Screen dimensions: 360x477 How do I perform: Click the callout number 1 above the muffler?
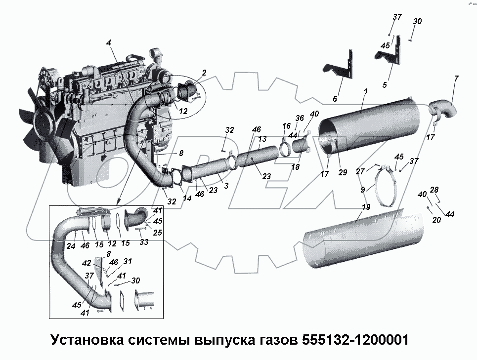(365, 91)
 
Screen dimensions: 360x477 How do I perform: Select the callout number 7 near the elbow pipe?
(456, 79)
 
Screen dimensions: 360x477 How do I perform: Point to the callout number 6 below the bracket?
(335, 99)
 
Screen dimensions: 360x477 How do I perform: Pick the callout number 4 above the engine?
(108, 43)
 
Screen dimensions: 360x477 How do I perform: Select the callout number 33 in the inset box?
(144, 242)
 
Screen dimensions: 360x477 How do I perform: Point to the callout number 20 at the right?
(435, 220)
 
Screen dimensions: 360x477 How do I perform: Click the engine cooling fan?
(47, 128)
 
